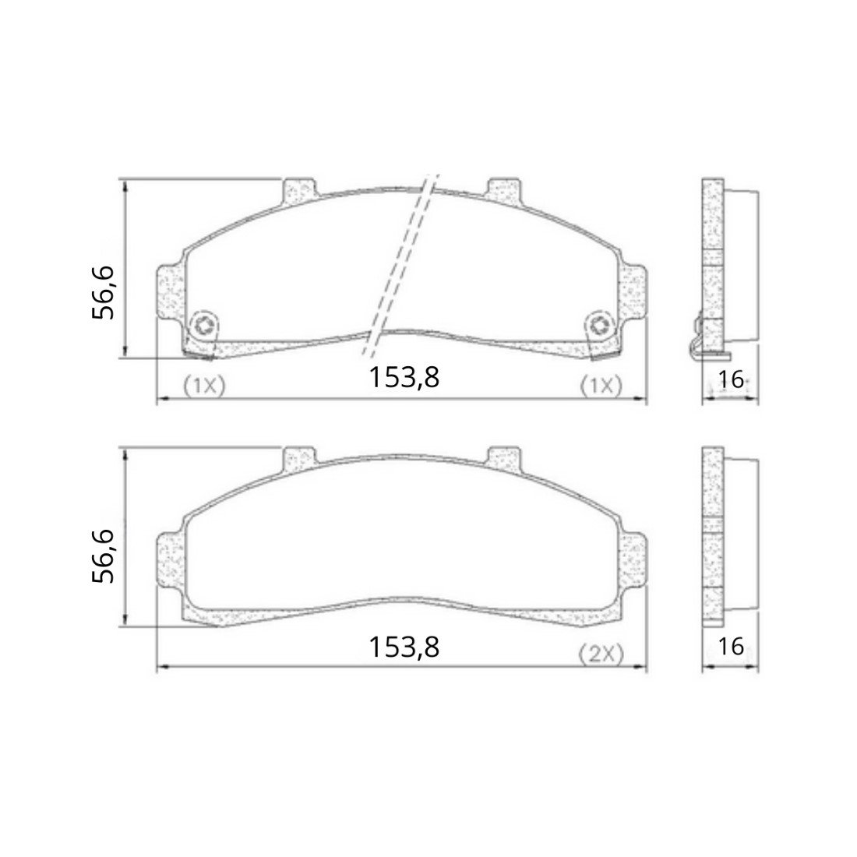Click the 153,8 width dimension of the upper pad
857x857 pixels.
click(404, 376)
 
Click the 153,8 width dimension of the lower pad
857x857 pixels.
click(404, 647)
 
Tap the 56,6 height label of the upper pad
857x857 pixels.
click(104, 292)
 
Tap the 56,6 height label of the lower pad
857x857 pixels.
click(104, 555)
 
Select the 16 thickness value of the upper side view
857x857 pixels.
click(731, 379)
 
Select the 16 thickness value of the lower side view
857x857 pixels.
click(731, 647)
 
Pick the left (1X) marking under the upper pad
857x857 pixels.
click(204, 386)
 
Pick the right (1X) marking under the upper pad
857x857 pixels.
click(601, 386)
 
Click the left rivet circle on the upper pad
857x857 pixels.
click(205, 326)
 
